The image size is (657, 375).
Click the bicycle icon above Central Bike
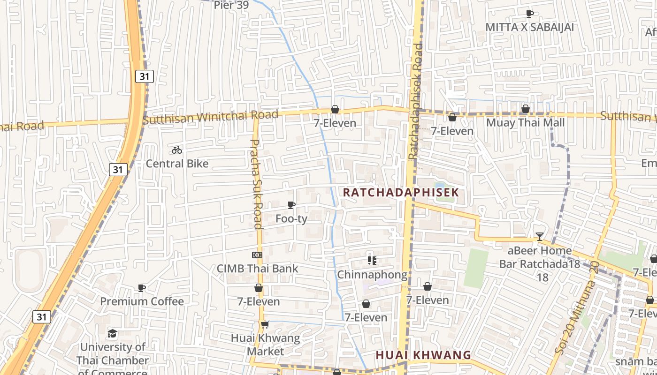(x=177, y=150)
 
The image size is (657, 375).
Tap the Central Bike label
(x=177, y=164)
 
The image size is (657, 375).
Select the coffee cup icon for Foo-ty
(x=291, y=205)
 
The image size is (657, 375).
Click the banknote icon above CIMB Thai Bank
(x=257, y=255)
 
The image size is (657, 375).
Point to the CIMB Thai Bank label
(x=257, y=269)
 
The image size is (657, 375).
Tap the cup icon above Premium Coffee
(x=142, y=288)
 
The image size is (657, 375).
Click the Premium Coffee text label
(x=142, y=301)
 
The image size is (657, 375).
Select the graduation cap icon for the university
(x=112, y=333)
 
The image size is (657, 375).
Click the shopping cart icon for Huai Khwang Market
(x=265, y=324)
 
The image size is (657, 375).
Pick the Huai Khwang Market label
(x=265, y=344)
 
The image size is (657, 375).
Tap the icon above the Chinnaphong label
(x=372, y=261)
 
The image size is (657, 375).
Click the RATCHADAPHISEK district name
(x=401, y=193)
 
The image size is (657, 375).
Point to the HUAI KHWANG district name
(x=423, y=355)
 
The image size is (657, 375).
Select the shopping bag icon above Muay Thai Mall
(x=526, y=109)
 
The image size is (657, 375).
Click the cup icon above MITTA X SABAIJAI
(x=529, y=14)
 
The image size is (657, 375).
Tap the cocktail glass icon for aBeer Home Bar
(x=540, y=237)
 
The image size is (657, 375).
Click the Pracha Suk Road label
(x=256, y=184)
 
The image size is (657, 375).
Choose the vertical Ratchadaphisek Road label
(x=416, y=101)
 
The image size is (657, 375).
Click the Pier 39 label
(x=230, y=5)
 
